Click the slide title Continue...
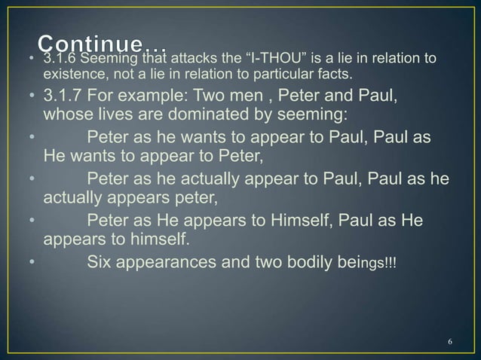tap(105, 44)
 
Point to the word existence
tap(71, 75)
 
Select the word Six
tap(103, 263)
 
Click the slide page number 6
tap(450, 343)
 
